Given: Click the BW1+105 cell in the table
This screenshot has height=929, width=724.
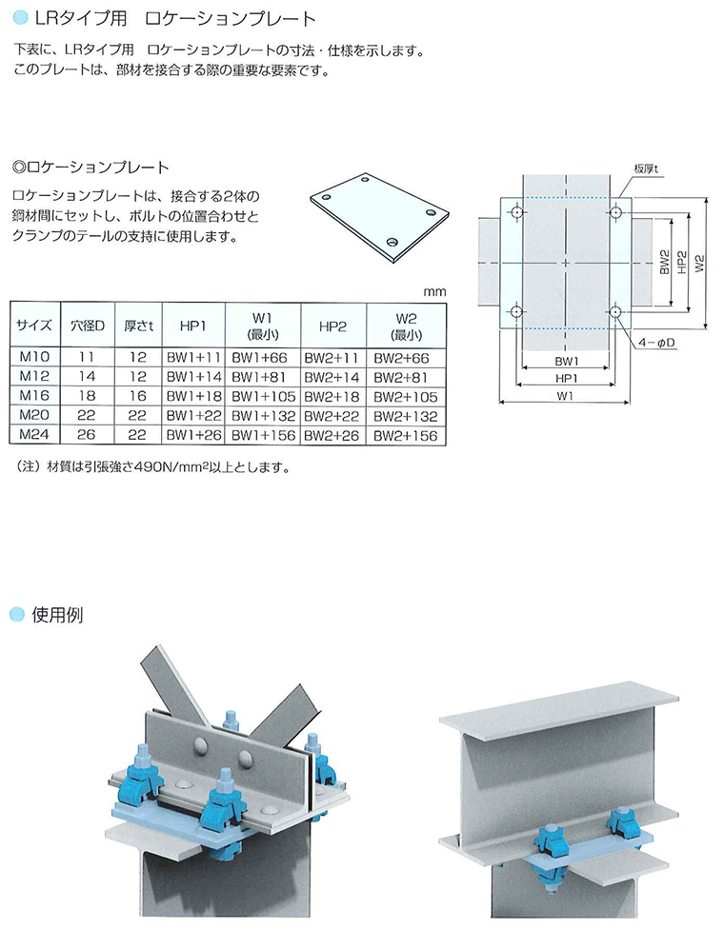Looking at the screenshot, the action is tap(263, 396).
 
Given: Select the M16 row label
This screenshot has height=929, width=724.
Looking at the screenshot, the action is tap(34, 395).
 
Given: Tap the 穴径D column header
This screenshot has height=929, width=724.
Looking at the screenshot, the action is tap(87, 326).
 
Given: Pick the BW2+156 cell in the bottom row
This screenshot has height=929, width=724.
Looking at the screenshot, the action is tap(406, 436).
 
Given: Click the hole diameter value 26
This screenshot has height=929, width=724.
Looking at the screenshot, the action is tap(86, 434).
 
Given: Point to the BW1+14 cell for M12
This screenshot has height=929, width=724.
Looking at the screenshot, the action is tap(194, 377).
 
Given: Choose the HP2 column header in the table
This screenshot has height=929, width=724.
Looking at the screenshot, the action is tap(332, 326).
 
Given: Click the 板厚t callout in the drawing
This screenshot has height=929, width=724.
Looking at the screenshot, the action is tap(646, 168).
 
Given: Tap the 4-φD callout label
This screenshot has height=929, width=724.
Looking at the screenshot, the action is tap(656, 343).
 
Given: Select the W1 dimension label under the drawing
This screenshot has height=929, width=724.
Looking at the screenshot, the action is tap(565, 396).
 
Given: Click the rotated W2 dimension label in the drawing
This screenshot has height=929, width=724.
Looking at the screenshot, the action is tap(699, 263).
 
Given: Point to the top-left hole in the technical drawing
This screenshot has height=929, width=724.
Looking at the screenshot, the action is tap(517, 212).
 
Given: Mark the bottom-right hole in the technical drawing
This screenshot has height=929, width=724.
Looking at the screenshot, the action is tap(614, 311).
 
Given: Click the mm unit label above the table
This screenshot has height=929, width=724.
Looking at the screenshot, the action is tap(434, 292).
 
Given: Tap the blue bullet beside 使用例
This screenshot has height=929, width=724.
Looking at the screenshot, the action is tap(18, 614).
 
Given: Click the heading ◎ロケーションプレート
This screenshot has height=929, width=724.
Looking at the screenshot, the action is tap(90, 168).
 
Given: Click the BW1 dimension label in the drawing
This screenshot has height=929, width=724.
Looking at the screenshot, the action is tap(566, 362).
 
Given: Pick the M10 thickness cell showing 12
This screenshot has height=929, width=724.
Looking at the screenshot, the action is tap(137, 357).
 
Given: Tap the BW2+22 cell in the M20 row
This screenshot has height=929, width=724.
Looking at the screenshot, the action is tap(332, 416).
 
